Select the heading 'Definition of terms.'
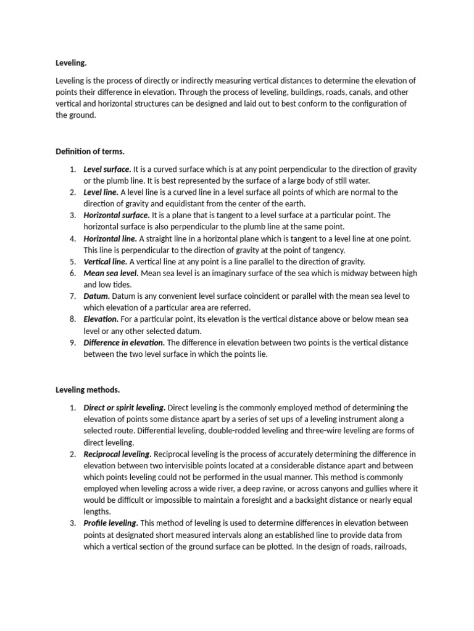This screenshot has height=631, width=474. [x=90, y=151]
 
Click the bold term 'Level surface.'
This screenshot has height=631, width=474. [x=107, y=169]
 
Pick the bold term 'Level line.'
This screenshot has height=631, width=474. [x=101, y=192]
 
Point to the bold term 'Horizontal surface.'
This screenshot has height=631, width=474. [x=117, y=215]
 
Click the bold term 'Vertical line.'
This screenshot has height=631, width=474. [x=105, y=261]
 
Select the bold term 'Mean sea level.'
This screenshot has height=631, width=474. [x=110, y=273]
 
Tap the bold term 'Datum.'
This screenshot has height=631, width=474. [x=97, y=296]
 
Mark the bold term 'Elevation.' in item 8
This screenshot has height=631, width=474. [x=101, y=319]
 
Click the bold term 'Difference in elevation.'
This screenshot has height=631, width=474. [x=124, y=342]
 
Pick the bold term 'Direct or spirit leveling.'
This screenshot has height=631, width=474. [x=125, y=407]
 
